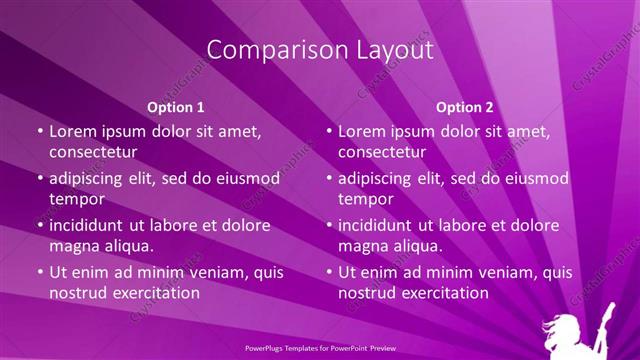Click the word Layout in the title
click(387, 50)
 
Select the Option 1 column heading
click(176, 107)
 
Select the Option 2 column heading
click(465, 107)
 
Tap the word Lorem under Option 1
click(73, 131)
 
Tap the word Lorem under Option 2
click(362, 131)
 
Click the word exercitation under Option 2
click(442, 293)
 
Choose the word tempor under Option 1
click(77, 199)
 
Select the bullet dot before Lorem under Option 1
click(40, 132)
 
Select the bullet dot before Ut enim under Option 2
click(329, 273)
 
